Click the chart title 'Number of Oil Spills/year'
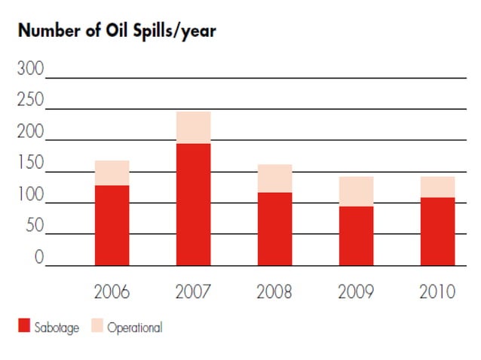click(118, 32)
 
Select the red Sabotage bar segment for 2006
click(112, 225)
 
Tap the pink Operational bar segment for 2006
click(112, 172)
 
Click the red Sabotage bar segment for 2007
click(193, 204)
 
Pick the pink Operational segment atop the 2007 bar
click(193, 127)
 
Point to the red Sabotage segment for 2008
click(274, 229)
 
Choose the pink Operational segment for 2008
click(274, 178)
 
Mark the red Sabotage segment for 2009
click(356, 236)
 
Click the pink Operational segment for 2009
click(356, 191)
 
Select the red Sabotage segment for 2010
click(437, 231)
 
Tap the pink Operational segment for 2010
click(437, 187)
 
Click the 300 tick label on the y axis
click(30, 70)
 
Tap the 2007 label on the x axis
click(193, 291)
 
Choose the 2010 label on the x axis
click(437, 291)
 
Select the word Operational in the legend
click(134, 328)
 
